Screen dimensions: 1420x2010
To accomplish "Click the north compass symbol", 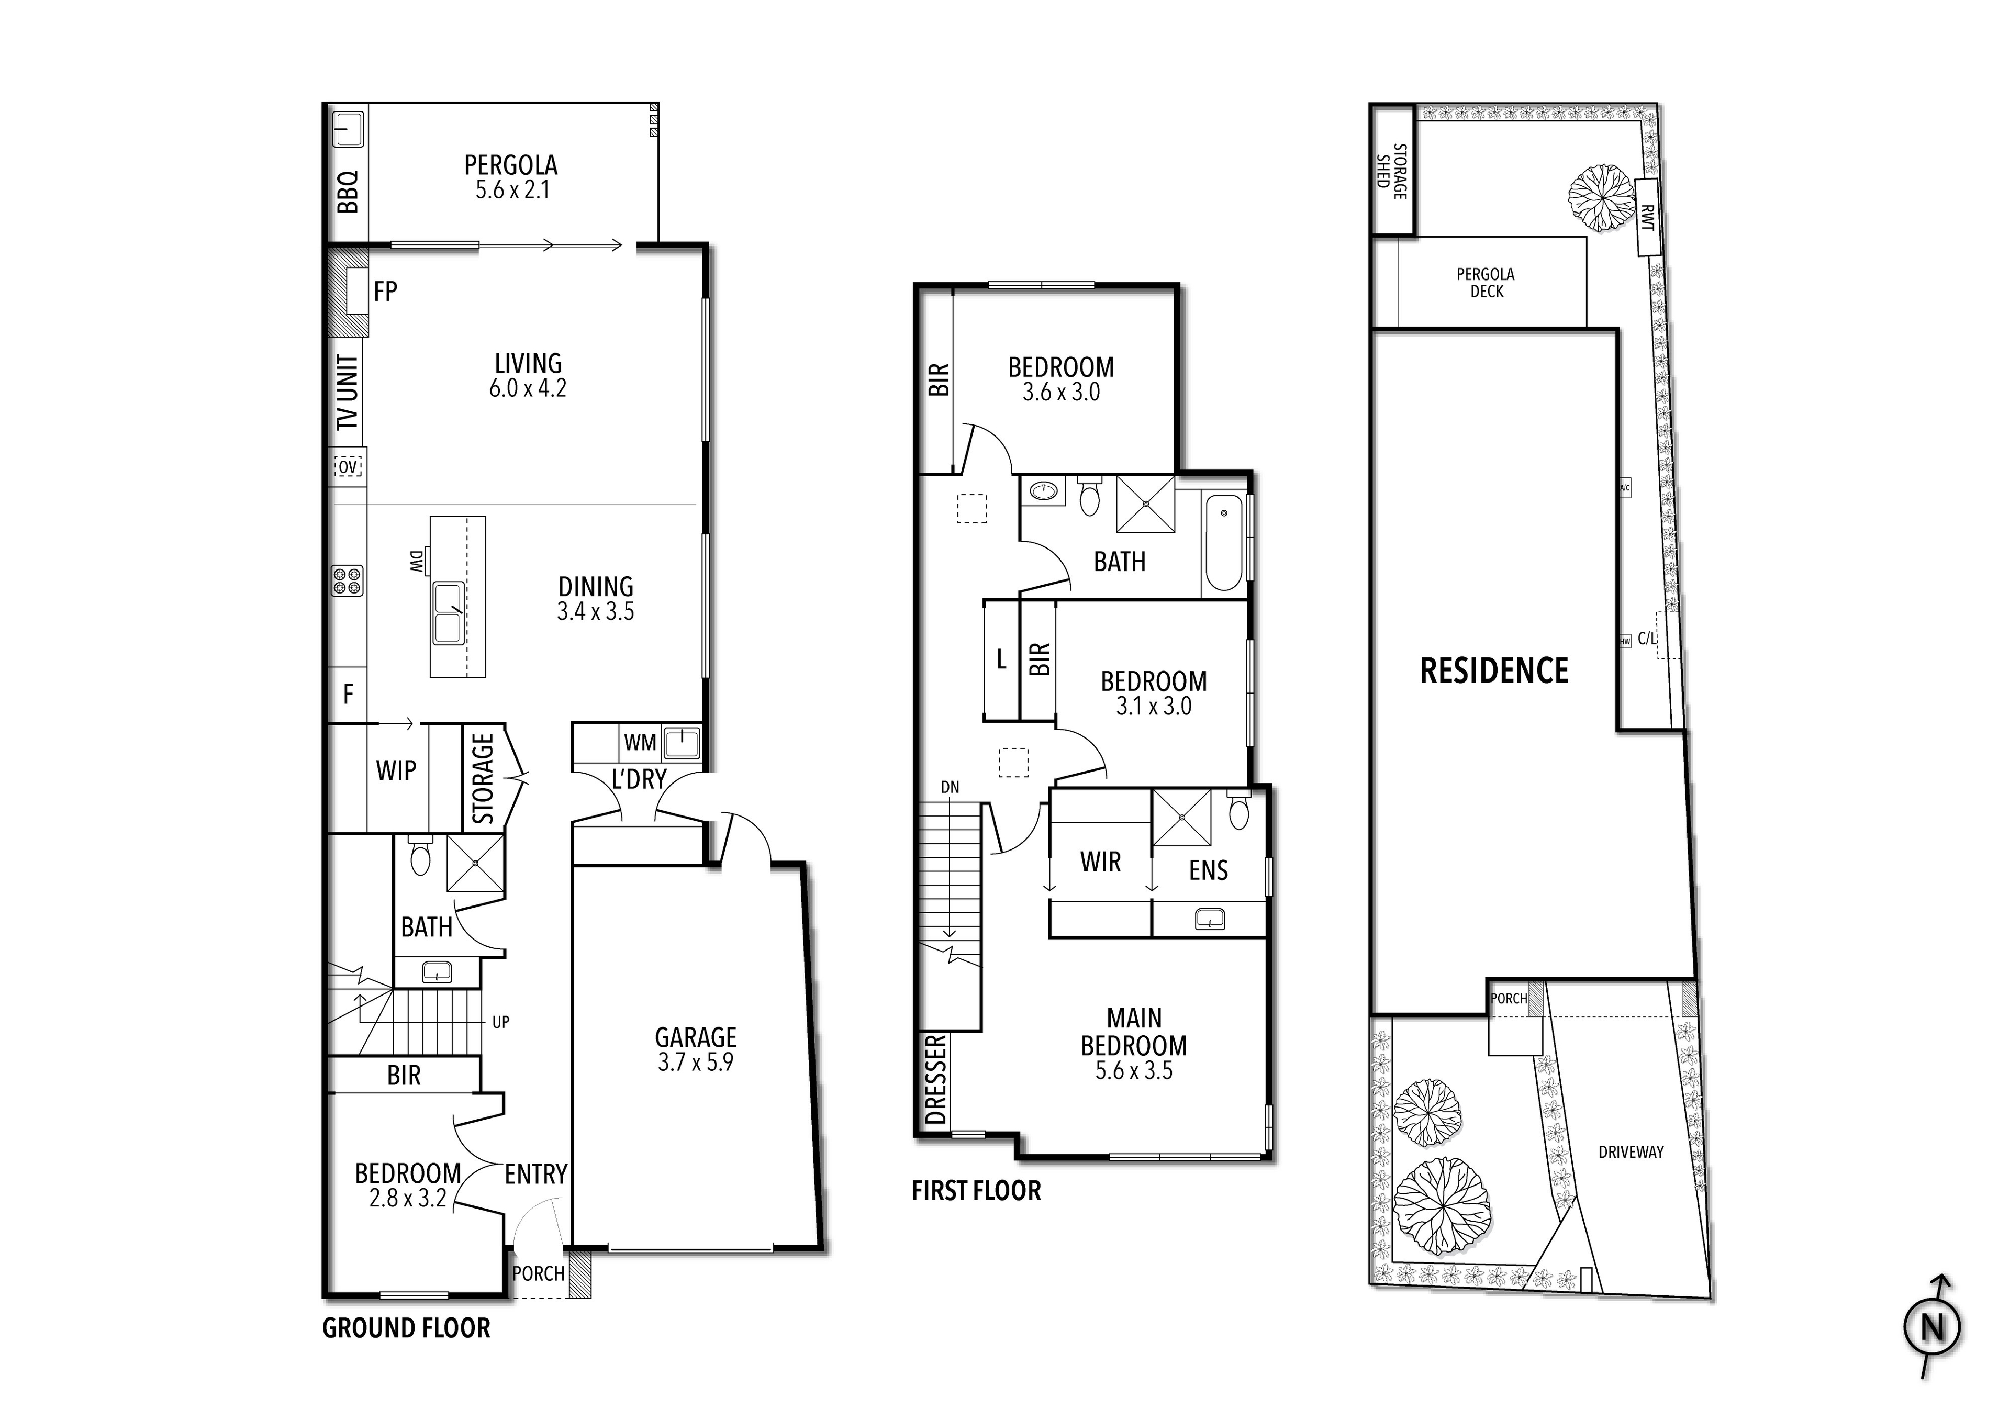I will tap(1932, 1328).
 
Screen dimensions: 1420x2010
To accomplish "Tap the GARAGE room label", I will tap(696, 1049).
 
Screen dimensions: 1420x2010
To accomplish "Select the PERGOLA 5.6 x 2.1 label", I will tap(511, 177).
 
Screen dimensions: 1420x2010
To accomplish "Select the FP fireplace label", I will tap(385, 292).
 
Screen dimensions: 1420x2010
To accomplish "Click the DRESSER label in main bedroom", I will tap(936, 1079).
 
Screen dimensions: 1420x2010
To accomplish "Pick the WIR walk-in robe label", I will tap(1100, 863).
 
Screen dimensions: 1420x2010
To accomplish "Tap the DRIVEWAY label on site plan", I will tap(1630, 1152).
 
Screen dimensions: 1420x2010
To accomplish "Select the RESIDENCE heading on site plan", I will tap(1493, 672).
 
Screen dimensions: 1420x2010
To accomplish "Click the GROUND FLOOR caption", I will tap(406, 1328).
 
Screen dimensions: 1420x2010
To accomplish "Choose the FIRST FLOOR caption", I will tap(976, 1191).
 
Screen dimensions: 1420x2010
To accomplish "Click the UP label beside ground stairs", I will tap(501, 1022).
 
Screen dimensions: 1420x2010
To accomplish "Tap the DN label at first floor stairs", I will tap(950, 788).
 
